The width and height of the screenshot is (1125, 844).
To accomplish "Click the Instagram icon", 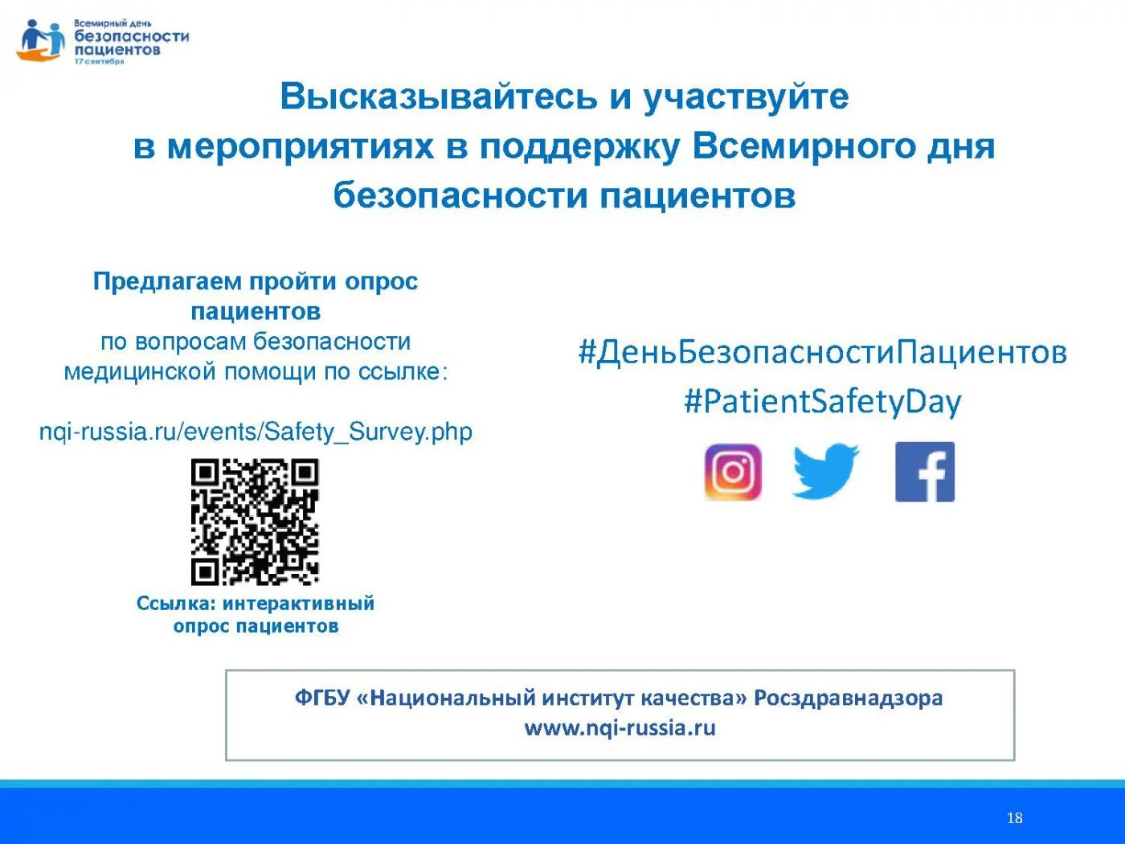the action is tap(733, 472).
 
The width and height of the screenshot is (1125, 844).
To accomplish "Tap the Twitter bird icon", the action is tap(826, 471).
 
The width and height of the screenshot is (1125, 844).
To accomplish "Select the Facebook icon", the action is tap(925, 472).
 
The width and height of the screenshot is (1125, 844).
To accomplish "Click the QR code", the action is tap(255, 522).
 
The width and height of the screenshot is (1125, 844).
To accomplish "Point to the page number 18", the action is tap(1014, 817).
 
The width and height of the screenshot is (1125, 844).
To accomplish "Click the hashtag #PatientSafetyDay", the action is tap(823, 402).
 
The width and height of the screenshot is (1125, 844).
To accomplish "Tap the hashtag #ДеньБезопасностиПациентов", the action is tap(823, 353).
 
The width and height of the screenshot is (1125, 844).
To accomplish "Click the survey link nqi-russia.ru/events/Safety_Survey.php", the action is tap(256, 432).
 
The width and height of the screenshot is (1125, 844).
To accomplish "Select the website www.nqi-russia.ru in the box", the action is tap(620, 728).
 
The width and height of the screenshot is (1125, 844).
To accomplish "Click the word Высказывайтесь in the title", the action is tap(439, 96).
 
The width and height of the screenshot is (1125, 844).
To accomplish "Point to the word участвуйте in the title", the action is tap(746, 97).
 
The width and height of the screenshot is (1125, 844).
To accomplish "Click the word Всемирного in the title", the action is tap(804, 147).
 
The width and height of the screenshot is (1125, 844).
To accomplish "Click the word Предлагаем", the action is tap(167, 282).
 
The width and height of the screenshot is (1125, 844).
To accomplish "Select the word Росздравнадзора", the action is tap(848, 699).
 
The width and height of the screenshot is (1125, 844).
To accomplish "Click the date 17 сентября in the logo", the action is tap(100, 62).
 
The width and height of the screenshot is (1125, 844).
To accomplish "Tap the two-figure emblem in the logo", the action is tap(41, 40).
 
